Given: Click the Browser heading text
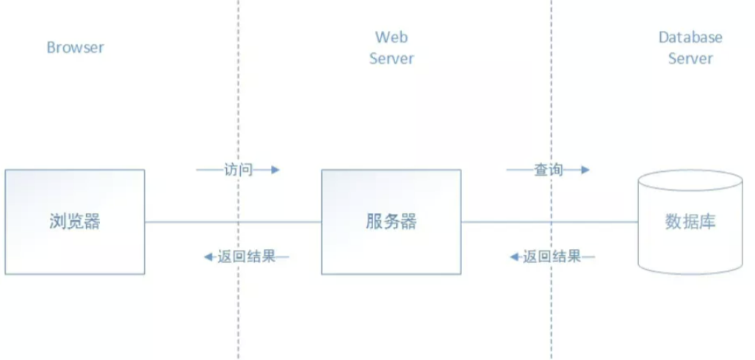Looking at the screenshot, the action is point(75,48).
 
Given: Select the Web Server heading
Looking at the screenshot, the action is point(391,48).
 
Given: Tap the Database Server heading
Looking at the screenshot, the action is point(690,48).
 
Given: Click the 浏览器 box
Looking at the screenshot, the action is point(75,222).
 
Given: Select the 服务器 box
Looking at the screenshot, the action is point(391,222).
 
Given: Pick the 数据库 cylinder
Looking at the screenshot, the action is point(690,228).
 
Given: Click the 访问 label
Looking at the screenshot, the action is point(238,170).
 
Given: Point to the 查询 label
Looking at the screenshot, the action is point(548,170).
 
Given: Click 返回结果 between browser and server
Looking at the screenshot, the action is point(246,257).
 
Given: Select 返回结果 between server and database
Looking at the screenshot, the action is point(552,257).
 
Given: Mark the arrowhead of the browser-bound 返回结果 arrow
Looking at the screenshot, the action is point(208,257).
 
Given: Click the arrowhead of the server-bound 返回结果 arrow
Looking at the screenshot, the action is point(515,257).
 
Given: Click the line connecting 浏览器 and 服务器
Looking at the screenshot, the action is point(220,222).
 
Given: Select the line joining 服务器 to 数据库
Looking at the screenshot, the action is point(514,222).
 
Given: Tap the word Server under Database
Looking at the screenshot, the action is point(690,58).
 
